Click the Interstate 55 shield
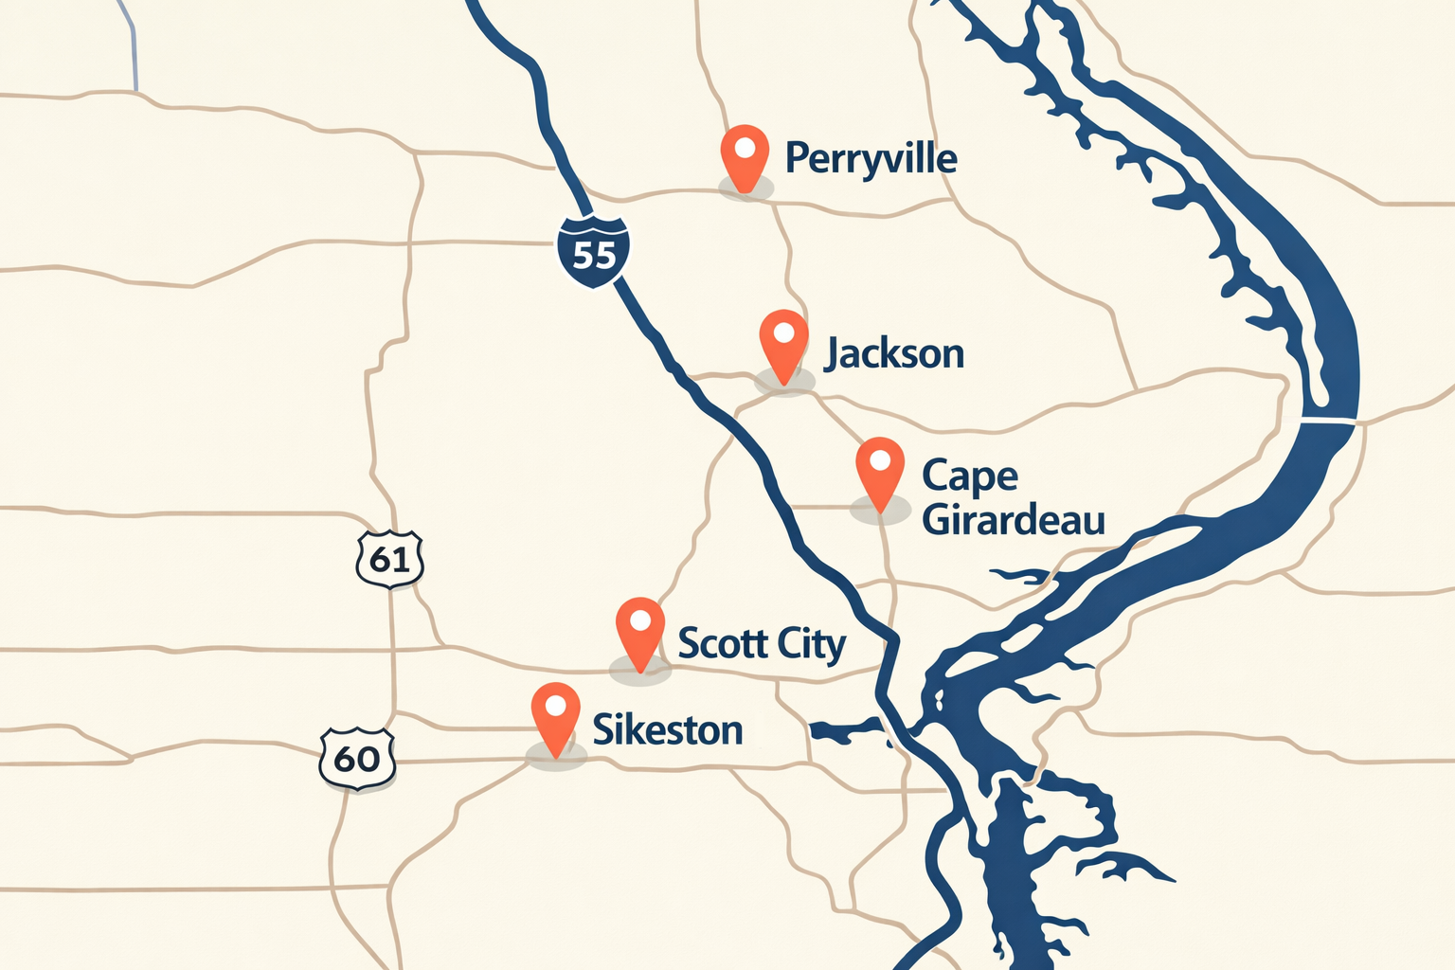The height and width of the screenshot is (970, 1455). tap(594, 251)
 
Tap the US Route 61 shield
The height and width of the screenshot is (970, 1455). tap(389, 559)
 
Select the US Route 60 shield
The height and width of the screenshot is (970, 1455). tap(357, 758)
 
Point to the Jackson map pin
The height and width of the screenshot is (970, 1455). tap(784, 344)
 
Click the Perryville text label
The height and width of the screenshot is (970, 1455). tap(871, 159)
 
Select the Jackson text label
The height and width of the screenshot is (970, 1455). tap(894, 354)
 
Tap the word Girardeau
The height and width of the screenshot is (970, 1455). tap(1014, 520)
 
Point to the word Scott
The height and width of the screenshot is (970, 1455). tap(722, 643)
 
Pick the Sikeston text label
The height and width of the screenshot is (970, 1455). tap(668, 730)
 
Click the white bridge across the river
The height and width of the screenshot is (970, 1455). tap(1328, 420)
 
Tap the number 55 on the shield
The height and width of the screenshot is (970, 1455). tap(594, 255)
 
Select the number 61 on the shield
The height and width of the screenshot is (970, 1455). tap(389, 560)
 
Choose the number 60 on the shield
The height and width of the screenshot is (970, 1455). tap(357, 759)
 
